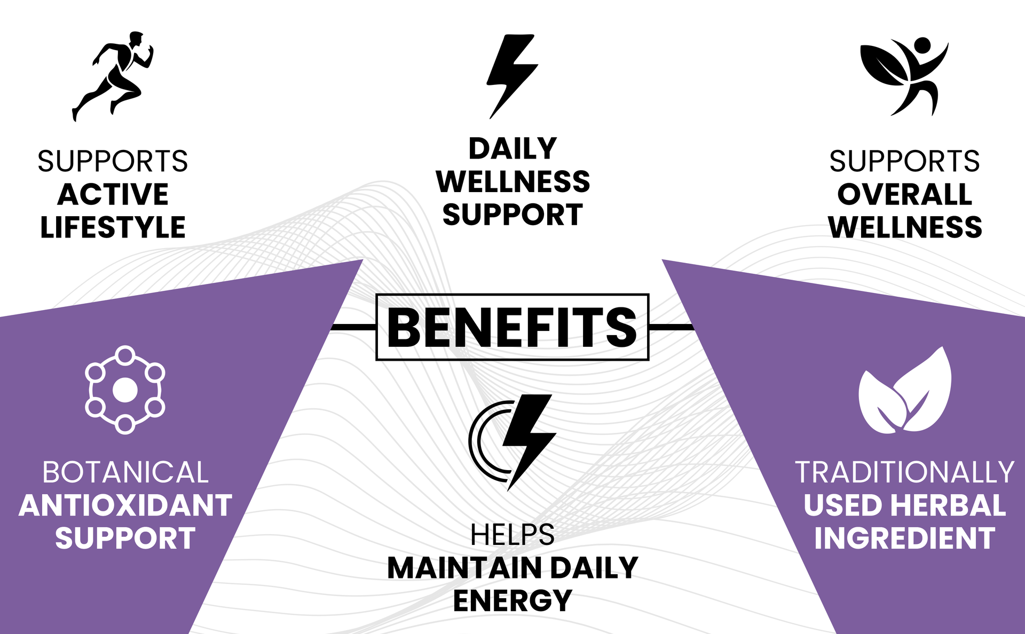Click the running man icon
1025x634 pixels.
pos(114,75)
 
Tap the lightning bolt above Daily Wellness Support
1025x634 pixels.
pos(511,76)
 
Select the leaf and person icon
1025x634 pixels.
pos(904,76)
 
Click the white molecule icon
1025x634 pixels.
pos(125,390)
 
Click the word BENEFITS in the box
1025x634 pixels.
pos(512,328)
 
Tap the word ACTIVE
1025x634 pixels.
pos(113,194)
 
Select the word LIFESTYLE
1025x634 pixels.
pos(113,227)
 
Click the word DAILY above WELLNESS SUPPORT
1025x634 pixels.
pos(512,148)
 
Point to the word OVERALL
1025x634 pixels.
pos(905,194)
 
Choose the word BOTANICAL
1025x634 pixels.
pos(125,473)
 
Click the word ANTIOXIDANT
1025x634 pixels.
pos(125,505)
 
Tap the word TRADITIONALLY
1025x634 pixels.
pos(905,473)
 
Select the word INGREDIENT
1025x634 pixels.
pos(905,538)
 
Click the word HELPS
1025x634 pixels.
pos(512,535)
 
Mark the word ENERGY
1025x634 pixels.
pos(512,601)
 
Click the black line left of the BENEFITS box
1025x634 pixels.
pos(354,327)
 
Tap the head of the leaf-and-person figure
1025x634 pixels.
pos(922,45)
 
